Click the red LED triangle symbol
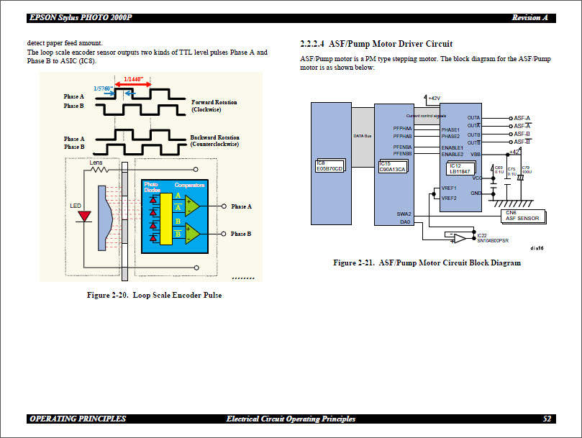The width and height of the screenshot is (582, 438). tap(85, 216)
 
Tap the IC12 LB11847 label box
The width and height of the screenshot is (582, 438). tap(460, 168)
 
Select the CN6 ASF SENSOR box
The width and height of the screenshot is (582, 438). tap(522, 215)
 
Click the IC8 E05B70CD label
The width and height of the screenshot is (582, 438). tap(330, 165)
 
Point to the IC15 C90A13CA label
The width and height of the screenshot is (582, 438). tap(392, 166)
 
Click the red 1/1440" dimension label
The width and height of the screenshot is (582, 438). tap(134, 79)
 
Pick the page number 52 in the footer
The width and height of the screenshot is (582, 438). tap(547, 419)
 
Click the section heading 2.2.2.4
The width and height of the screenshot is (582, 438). tap(376, 44)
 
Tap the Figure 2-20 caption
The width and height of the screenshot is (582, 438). tap(154, 295)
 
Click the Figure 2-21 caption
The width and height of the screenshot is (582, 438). tap(427, 263)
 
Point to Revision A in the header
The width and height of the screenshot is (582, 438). tap(530, 17)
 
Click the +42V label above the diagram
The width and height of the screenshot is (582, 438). tap(435, 98)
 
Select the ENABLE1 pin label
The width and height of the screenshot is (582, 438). tap(452, 147)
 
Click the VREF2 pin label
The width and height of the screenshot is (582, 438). tap(449, 198)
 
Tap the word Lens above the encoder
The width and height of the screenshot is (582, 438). tap(96, 163)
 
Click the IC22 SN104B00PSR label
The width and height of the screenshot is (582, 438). tap(492, 238)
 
